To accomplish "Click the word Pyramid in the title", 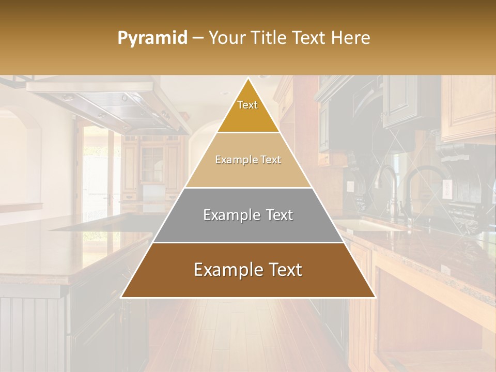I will pos(152,38).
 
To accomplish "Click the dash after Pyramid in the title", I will pos(197,38).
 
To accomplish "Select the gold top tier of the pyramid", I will pos(248,116).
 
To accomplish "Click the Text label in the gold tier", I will pos(247,105).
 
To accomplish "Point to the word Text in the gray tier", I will pos(278,215).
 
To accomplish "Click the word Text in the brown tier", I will pos(283,270).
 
